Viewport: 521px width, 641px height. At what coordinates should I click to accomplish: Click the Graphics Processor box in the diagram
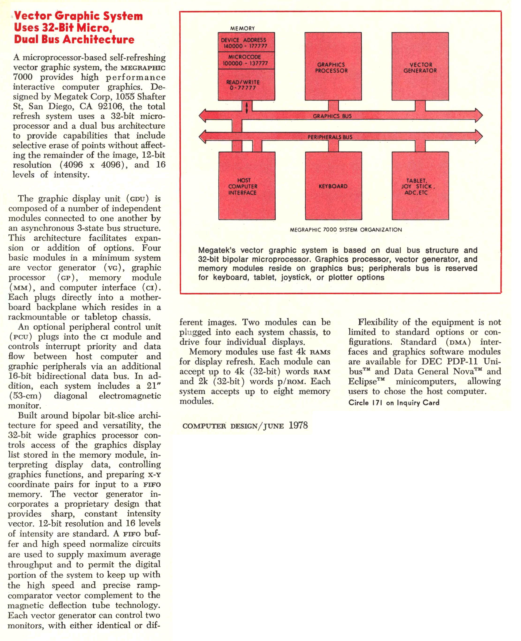point(331,67)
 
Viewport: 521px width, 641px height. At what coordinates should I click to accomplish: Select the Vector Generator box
point(420,67)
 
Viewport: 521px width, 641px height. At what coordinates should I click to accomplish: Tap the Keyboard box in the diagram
point(333,186)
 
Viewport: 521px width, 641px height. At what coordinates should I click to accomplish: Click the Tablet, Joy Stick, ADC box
point(420,186)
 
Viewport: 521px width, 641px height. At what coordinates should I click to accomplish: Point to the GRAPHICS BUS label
point(332,116)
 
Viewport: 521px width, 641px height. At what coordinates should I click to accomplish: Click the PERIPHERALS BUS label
point(330,137)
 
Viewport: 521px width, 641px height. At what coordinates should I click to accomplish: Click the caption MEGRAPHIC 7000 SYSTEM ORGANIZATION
point(346,230)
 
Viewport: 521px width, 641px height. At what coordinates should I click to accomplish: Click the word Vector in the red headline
point(33,16)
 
